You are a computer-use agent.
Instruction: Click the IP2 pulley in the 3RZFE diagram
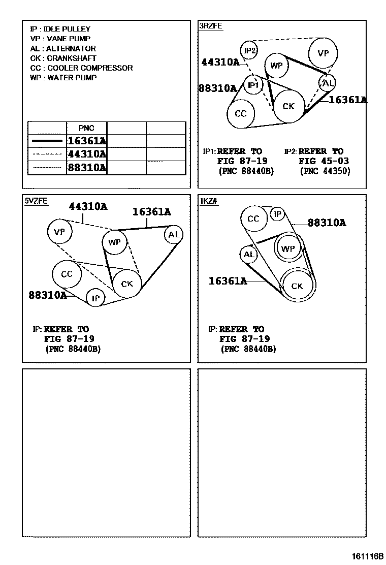coord(249,50)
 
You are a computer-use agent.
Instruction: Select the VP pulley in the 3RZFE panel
coord(323,53)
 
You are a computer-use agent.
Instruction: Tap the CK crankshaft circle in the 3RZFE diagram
coord(288,106)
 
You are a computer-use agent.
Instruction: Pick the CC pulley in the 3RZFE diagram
coord(241,113)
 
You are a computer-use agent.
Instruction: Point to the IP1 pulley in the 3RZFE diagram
coord(253,85)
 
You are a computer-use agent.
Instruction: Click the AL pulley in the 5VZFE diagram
coord(174,234)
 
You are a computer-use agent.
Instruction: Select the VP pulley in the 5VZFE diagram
coord(60,232)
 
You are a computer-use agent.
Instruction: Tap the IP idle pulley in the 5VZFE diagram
coord(95,298)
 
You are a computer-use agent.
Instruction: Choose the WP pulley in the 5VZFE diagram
coord(115,242)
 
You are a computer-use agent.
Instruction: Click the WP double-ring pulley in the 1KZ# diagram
coord(288,248)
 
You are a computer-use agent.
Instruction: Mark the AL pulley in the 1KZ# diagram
coord(248,255)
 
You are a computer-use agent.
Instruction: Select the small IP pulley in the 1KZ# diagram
coord(277,214)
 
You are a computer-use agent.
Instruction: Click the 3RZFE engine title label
coord(210,25)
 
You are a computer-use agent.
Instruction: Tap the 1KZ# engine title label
coord(209,201)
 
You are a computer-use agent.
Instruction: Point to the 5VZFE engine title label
coord(36,201)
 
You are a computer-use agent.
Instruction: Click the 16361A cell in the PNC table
coord(87,141)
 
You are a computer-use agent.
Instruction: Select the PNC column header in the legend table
coord(87,128)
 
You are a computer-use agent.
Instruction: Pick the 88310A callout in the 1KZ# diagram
coord(327,223)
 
